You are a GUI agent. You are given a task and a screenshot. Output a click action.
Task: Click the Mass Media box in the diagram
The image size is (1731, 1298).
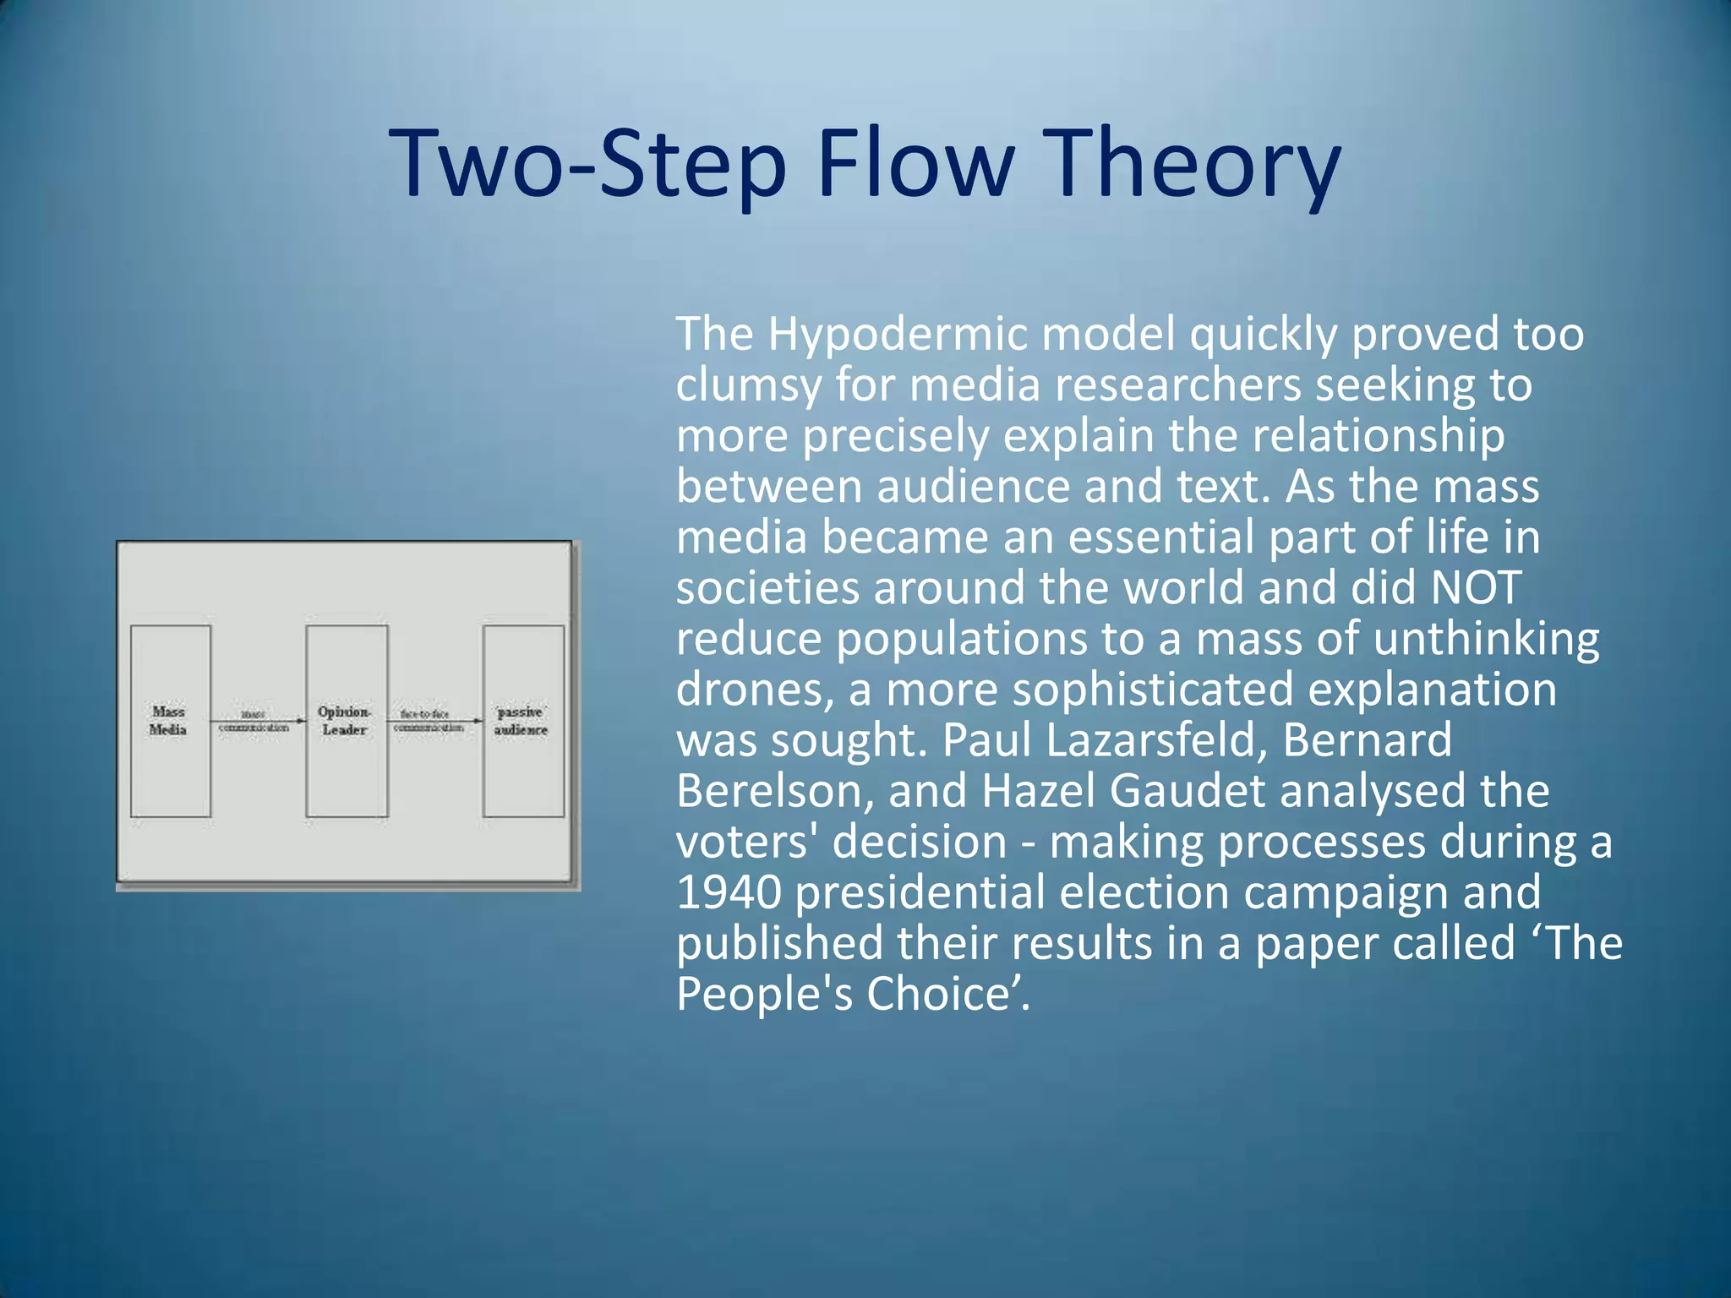pos(170,721)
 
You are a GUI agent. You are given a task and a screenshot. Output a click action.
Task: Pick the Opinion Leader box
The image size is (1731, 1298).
pos(347,721)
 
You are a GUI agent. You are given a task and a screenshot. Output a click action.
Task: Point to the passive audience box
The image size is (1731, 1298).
pos(523,721)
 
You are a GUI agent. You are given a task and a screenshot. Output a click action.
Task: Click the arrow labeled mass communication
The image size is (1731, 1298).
pos(257,721)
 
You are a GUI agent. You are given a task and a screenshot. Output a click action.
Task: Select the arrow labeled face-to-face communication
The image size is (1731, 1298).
pos(434,721)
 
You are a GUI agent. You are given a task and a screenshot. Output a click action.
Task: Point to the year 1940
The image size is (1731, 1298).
pos(729,893)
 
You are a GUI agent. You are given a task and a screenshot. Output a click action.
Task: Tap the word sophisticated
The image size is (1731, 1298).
pos(1153,690)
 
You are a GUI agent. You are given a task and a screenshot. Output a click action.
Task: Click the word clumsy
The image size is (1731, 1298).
pos(748,386)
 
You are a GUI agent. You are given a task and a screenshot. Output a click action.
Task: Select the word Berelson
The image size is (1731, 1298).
pos(773,792)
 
